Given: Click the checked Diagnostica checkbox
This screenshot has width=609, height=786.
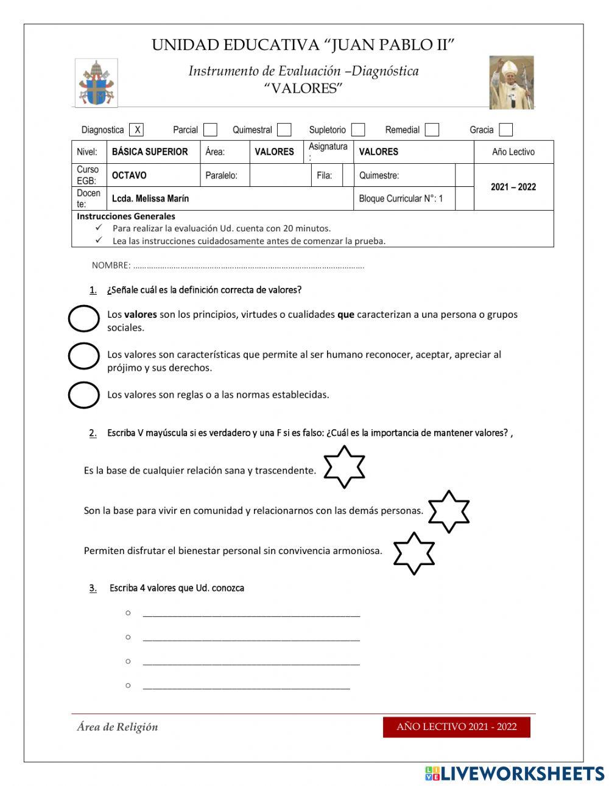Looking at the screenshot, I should pos(137,130).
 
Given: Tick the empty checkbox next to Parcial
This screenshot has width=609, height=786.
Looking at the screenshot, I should pos(210,130).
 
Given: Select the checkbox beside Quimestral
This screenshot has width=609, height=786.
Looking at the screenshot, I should pos(284,130).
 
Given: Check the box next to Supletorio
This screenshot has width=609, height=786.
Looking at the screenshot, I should pos(358,130).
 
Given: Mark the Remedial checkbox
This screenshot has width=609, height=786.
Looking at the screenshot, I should pos(432,130).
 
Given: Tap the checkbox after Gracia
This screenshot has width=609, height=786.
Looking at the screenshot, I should pos(505,130).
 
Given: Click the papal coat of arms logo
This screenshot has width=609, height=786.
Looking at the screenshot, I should pos(96,83).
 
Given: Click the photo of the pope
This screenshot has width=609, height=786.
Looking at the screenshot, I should pos(511,83).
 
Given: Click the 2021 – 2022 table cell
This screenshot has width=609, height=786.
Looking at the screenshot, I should pos(513,187).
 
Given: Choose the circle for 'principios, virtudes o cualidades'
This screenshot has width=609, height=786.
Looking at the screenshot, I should pos(83,318).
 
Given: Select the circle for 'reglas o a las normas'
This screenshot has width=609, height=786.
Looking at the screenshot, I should pos(83,395).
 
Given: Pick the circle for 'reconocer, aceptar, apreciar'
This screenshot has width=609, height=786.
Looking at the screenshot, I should pos(83,356).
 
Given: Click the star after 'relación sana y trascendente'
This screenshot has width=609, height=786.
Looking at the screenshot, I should pos(344,467).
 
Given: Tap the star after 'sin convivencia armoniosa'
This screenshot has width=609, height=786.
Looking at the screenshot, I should pos(414,553).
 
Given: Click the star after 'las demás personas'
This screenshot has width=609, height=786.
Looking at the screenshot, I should pos(449,511).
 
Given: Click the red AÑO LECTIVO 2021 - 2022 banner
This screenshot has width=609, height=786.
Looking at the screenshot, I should pos(456,727).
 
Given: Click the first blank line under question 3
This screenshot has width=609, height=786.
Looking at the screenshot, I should pos(251,613).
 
